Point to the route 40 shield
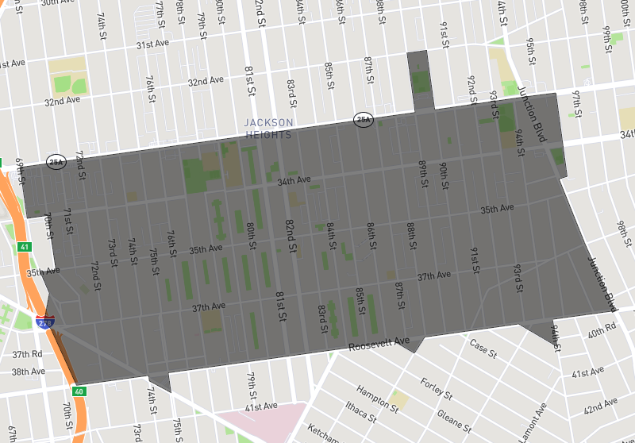[78, 391]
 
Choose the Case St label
[483, 346]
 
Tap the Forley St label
[436, 389]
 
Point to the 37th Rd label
[26, 354]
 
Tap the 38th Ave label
[28, 372]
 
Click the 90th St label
[444, 174]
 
